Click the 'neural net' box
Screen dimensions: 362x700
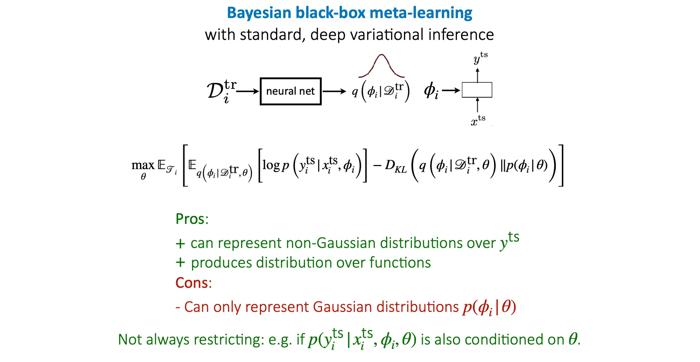(291, 91)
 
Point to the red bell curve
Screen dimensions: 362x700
(381, 65)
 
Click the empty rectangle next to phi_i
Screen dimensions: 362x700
(477, 90)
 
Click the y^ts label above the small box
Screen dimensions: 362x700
(480, 58)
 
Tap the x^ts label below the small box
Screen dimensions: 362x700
(478, 121)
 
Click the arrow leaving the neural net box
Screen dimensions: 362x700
(334, 91)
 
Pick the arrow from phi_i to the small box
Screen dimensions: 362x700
(451, 90)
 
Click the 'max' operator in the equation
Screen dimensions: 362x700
(143, 165)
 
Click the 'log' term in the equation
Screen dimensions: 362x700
(271, 165)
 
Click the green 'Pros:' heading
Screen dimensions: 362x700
(192, 219)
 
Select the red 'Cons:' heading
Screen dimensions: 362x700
(193, 283)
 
